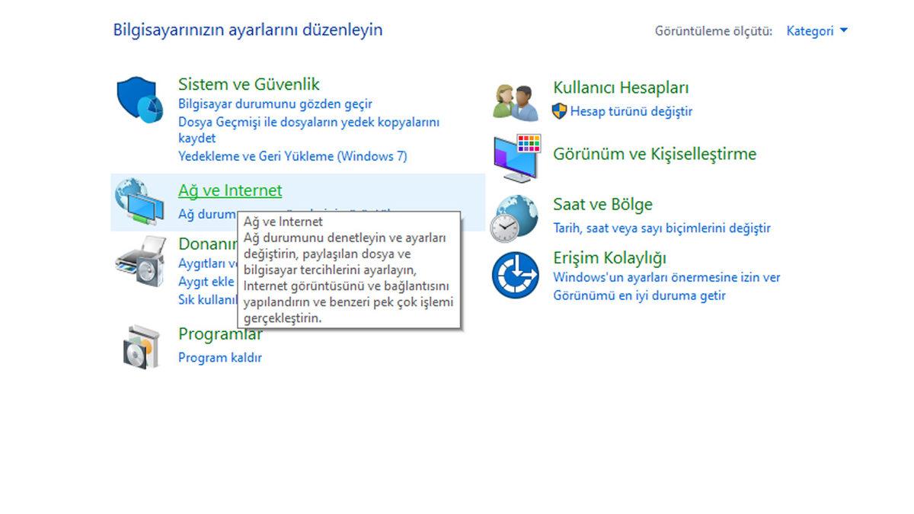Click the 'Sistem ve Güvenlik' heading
pos(248,84)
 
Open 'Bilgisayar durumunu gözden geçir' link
pos(275,104)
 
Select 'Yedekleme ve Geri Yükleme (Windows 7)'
pos(292,156)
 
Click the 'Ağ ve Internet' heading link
pos(230,190)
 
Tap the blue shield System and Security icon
pos(139,100)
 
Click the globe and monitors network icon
pos(139,201)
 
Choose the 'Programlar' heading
pos(220,334)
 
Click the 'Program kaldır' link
pos(219,357)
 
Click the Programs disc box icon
pos(142,347)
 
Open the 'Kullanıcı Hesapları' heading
pos(621,88)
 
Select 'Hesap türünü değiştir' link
pos(631,111)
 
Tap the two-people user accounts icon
pos(516,101)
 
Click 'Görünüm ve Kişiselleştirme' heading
pos(654,154)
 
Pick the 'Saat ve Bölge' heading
pos(602,204)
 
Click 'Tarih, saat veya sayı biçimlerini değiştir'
pos(661,228)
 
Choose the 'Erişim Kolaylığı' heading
pos(609,257)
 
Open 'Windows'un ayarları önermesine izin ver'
pos(666,277)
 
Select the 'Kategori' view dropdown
pos(817,31)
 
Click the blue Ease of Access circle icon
pos(516,275)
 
